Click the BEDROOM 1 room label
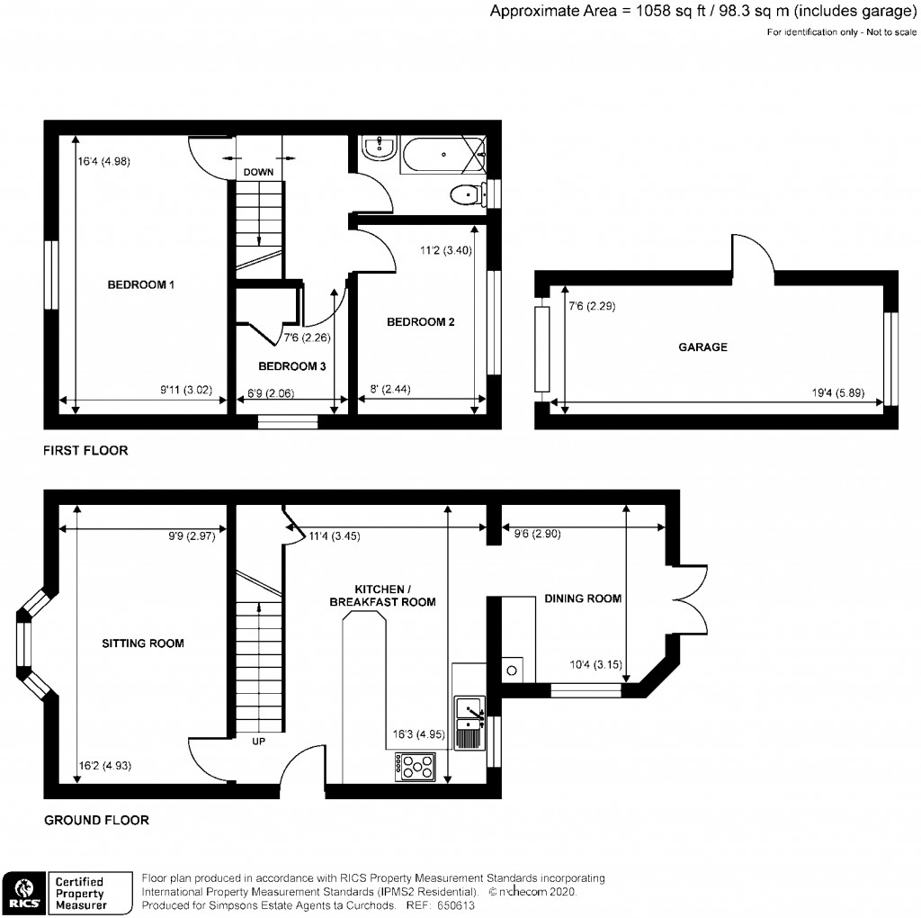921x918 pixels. coord(140,285)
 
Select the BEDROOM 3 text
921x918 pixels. coord(291,366)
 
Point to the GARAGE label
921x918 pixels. coord(703,346)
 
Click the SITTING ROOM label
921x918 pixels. coord(142,643)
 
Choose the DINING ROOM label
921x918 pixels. coord(581,598)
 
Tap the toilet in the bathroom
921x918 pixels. coord(466,193)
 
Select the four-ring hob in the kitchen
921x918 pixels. coord(416,767)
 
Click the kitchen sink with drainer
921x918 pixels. coord(469,722)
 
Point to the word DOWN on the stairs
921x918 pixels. coord(258,172)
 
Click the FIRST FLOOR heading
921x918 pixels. coord(86,450)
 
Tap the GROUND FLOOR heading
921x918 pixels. coord(96,820)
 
